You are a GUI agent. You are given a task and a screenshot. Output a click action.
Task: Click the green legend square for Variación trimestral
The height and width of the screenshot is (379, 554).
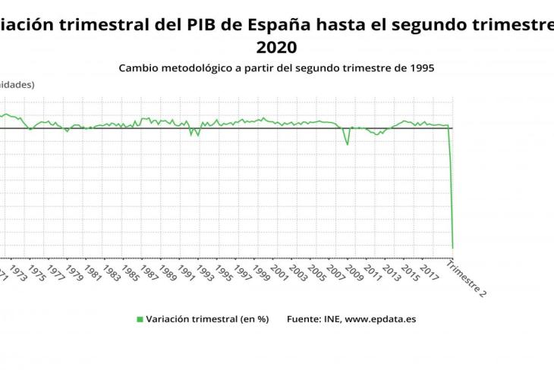[140, 319]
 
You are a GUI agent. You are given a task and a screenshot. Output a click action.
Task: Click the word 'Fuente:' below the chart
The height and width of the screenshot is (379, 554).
[304, 319]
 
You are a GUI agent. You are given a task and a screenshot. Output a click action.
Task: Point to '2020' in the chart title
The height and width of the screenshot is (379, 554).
[277, 47]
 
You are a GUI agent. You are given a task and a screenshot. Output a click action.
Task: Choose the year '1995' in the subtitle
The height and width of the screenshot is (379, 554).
[420, 67]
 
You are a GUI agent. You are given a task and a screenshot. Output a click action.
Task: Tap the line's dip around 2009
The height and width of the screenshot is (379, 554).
[348, 144]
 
